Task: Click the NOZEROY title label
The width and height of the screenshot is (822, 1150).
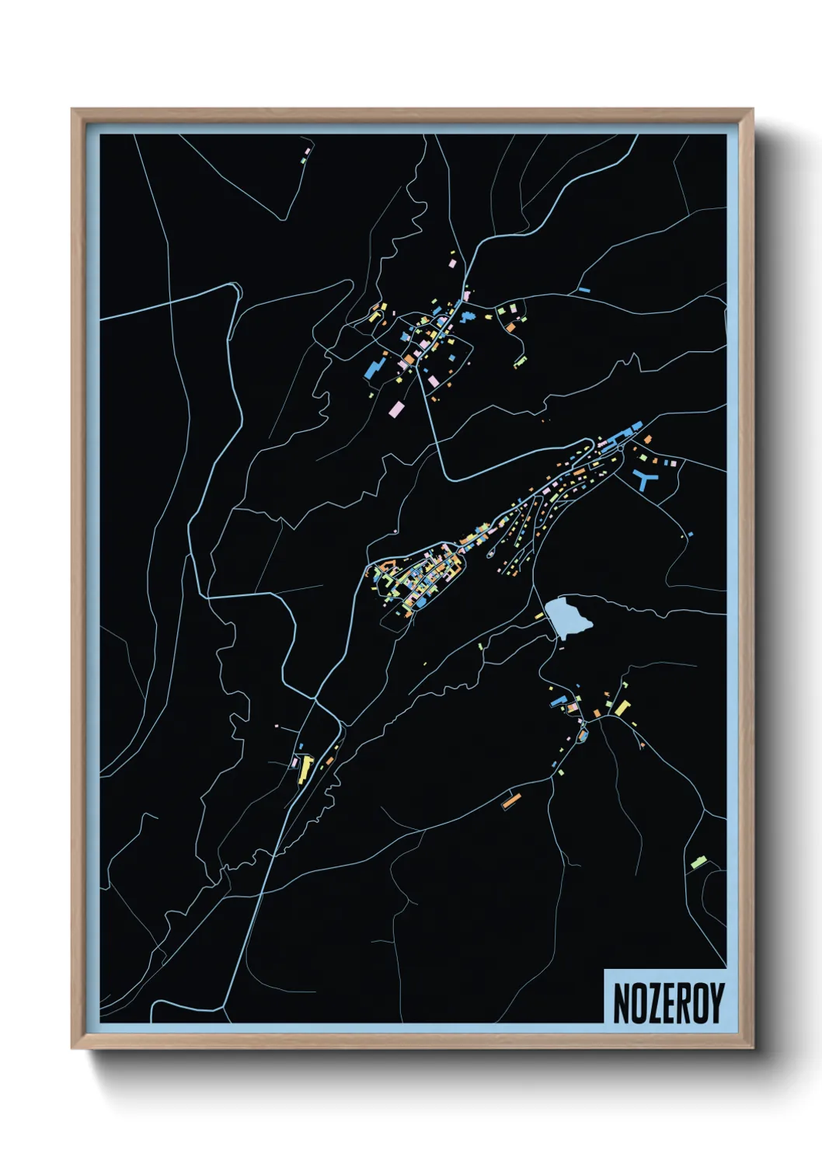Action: [667, 1002]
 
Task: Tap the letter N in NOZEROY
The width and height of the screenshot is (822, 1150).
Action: [622, 1003]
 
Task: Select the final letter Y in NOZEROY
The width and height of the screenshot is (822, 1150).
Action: [716, 1003]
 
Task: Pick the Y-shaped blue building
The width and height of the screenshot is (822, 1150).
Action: [645, 477]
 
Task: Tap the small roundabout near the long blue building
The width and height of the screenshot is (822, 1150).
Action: [622, 448]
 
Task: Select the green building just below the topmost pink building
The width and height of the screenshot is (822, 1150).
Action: [303, 159]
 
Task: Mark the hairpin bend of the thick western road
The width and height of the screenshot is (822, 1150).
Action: [234, 288]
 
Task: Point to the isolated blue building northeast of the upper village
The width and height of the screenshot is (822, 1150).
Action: [583, 291]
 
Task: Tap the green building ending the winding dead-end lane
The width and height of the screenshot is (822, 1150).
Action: [519, 361]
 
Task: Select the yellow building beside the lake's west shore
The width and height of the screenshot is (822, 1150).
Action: [541, 616]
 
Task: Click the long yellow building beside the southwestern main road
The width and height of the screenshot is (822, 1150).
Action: [305, 768]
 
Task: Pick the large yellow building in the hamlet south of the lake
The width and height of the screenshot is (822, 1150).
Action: [622, 708]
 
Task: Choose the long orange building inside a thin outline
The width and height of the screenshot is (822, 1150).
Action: [510, 800]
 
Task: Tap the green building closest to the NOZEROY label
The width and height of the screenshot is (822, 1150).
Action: [696, 862]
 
